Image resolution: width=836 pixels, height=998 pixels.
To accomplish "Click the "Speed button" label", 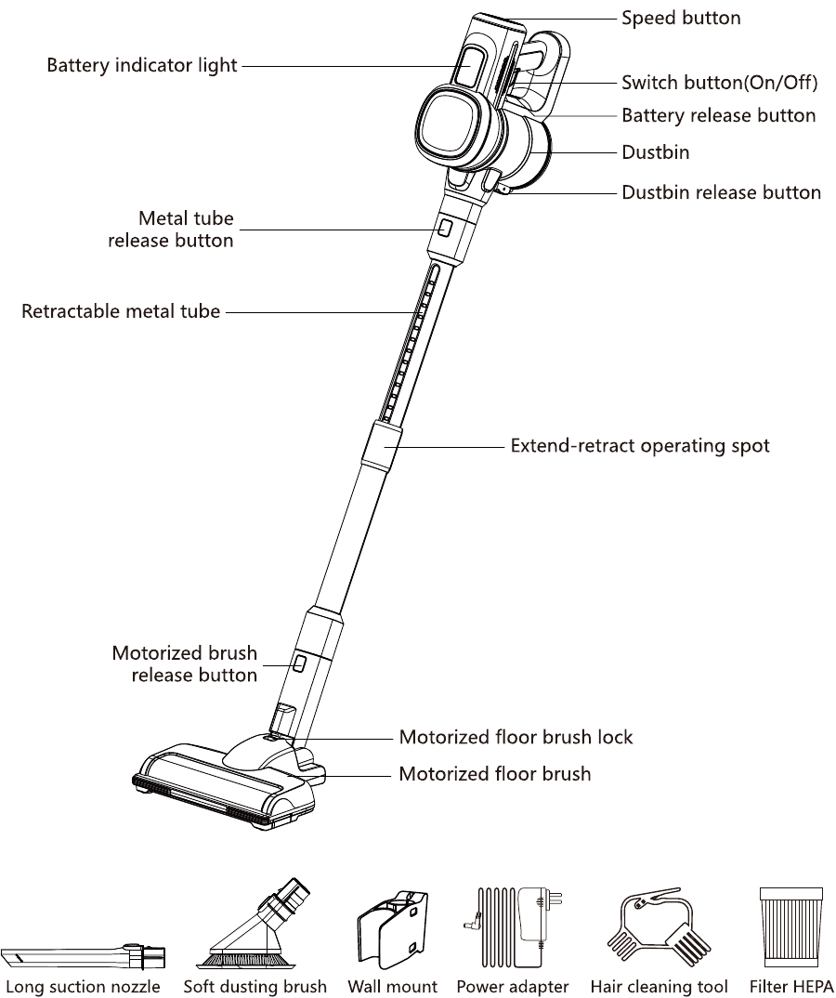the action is pos(681,18).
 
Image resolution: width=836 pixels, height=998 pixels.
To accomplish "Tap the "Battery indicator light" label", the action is pos(142,65).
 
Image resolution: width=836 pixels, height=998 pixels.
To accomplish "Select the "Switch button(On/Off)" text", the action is pos(720,83).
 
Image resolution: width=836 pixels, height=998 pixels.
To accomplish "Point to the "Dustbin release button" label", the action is pos(721,192).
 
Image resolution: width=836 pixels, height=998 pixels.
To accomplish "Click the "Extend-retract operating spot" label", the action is pos(640,445).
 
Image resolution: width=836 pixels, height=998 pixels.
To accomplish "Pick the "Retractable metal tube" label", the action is pos(121,311).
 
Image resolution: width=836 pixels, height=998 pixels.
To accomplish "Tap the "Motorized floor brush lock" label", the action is pos(516,737).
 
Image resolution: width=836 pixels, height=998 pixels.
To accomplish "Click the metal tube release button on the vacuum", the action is pos(444,228).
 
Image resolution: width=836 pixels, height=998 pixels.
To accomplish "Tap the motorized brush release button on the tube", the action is pos(299,663).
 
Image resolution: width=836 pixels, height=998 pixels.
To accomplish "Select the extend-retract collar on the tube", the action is pos(383,445).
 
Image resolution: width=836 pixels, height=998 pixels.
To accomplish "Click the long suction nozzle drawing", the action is pos(84,956).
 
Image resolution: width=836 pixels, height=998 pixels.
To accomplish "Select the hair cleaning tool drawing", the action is pos(659,926).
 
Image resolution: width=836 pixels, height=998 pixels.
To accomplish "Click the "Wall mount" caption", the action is pos(393,987).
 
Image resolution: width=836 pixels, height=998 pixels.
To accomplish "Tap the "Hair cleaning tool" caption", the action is pos(660,987).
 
